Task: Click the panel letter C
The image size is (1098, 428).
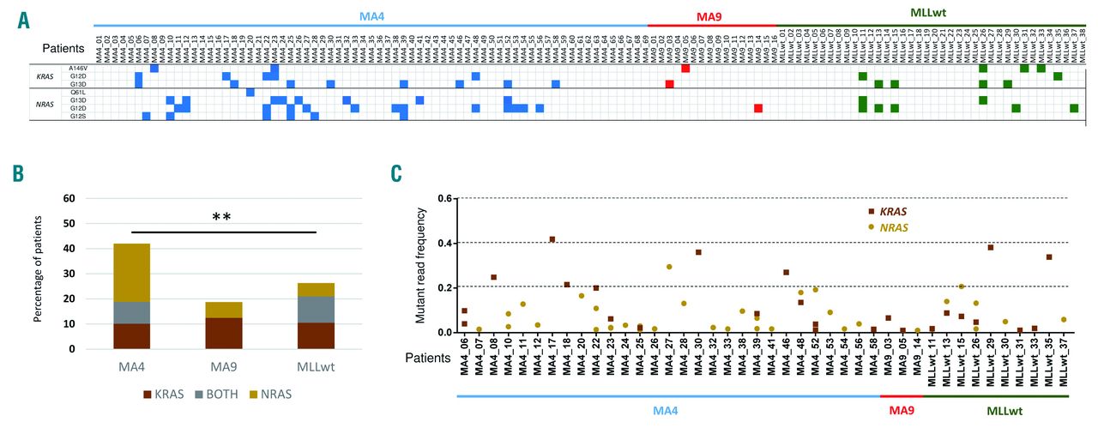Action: (x=396, y=174)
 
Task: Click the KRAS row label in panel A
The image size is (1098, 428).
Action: (x=44, y=75)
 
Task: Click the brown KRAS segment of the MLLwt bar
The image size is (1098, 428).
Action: (x=315, y=335)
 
